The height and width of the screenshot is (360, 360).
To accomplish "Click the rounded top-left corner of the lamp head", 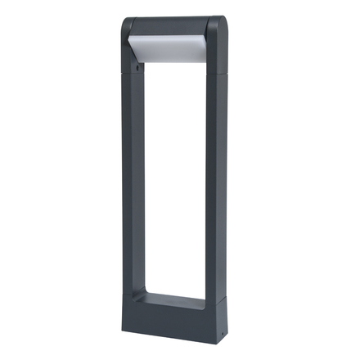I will [127, 24].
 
